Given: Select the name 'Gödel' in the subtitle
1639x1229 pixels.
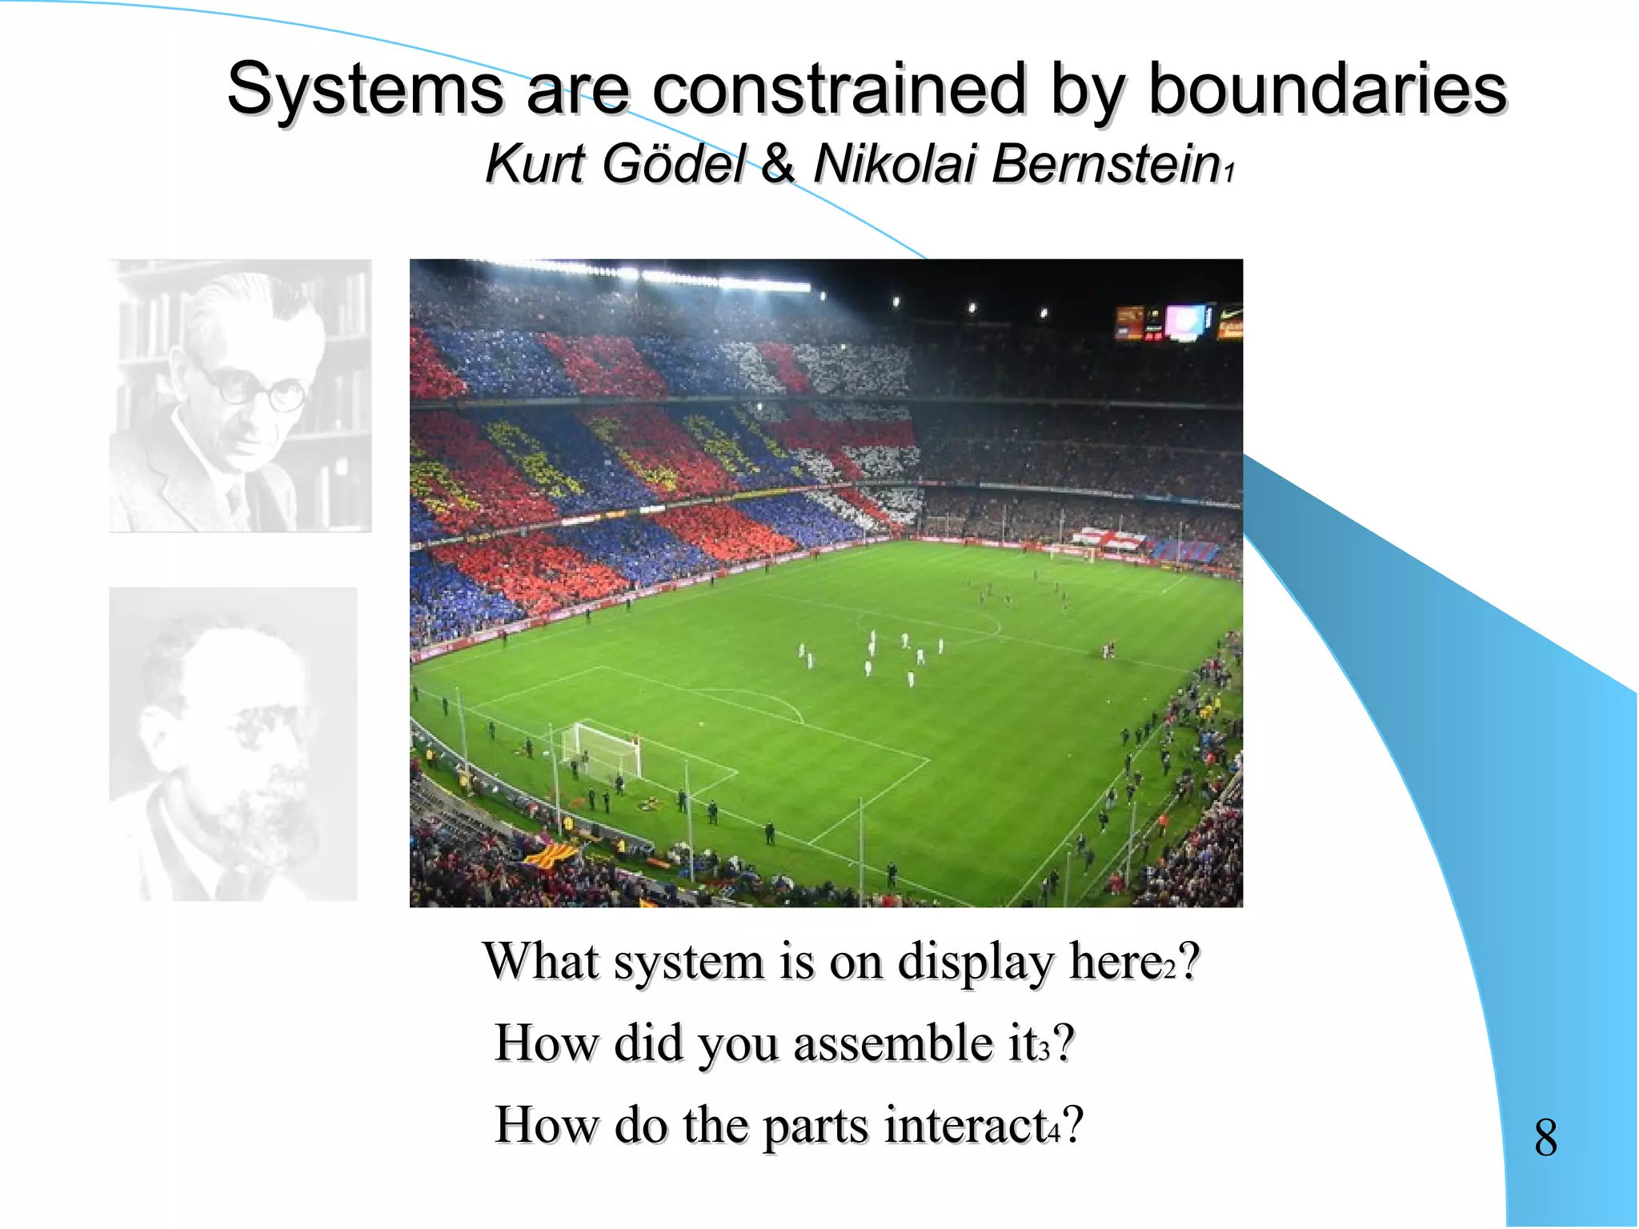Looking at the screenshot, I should [x=674, y=164].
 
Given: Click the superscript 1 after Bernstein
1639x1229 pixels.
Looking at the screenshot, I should [x=1230, y=171].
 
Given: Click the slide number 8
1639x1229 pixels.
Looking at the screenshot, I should [x=1545, y=1137].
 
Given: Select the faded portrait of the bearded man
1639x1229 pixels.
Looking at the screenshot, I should [x=233, y=744].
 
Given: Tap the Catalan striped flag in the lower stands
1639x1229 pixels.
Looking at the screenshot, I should [x=551, y=853].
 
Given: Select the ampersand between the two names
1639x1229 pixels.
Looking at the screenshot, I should [x=778, y=164].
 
